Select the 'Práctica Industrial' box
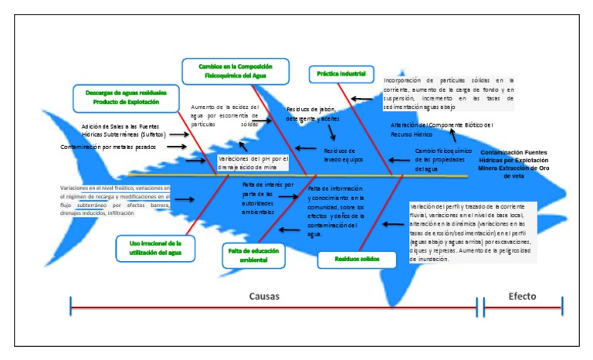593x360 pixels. pyautogui.click(x=341, y=75)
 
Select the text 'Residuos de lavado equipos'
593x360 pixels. pyautogui.click(x=339, y=155)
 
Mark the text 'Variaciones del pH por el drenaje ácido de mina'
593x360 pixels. pyautogui.click(x=252, y=163)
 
